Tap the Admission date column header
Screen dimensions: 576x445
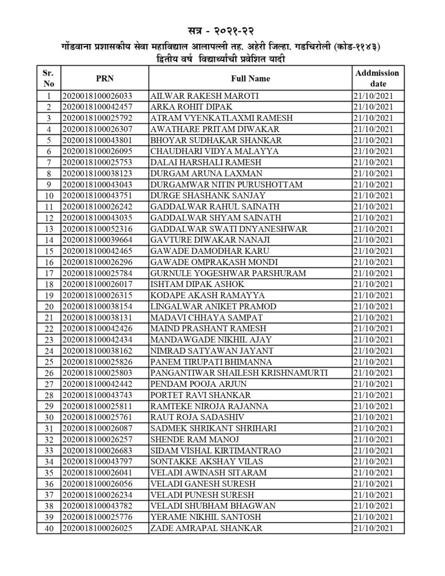377,79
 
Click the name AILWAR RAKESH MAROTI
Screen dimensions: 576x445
204,96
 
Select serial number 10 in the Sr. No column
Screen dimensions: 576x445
49,196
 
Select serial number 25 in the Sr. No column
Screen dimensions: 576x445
49,362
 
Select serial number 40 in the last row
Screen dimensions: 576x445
49,528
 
